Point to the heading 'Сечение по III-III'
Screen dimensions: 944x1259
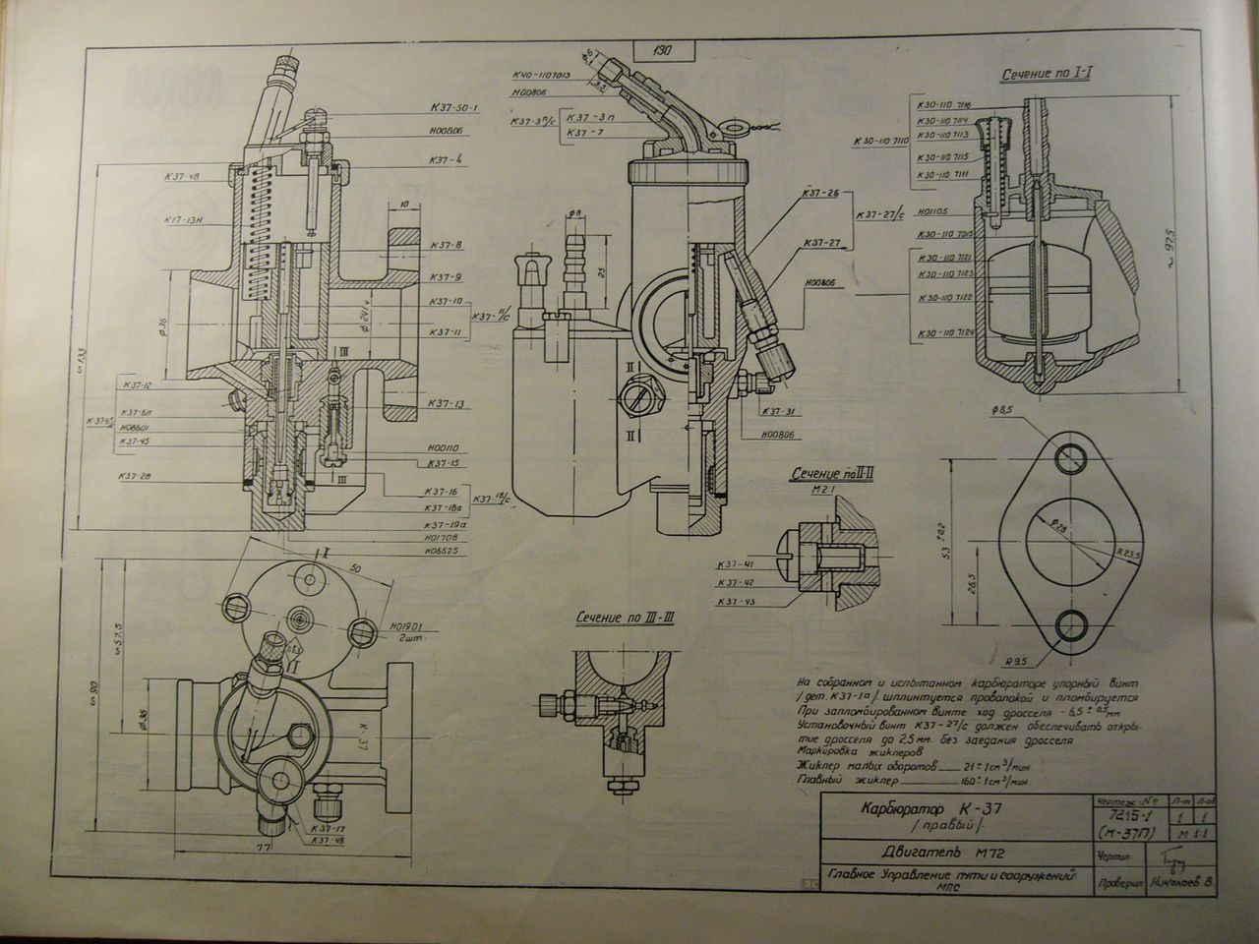[x=626, y=618]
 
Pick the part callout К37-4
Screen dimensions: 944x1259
[x=446, y=158]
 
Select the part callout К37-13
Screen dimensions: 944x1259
[x=446, y=404]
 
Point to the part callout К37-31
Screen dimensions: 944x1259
[x=777, y=412]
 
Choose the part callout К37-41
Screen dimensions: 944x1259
[x=735, y=564]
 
